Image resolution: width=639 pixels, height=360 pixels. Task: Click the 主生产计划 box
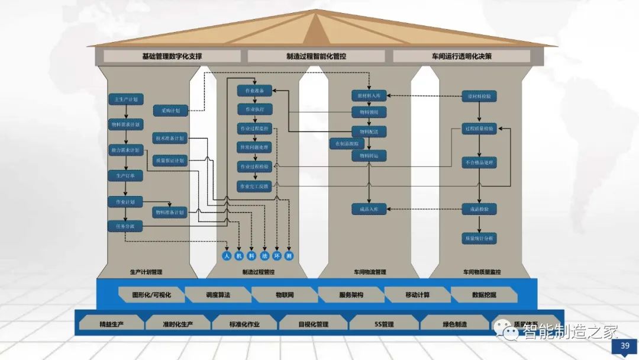pyautogui.click(x=125, y=100)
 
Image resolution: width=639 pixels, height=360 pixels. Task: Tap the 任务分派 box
pyautogui.click(x=125, y=226)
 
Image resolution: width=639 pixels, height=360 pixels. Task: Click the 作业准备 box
pyautogui.click(x=254, y=91)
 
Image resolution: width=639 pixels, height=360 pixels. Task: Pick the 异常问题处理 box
pyautogui.click(x=254, y=147)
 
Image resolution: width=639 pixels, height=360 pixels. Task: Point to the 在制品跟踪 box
pyautogui.click(x=347, y=143)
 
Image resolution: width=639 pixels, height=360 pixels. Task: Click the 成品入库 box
pyautogui.click(x=369, y=208)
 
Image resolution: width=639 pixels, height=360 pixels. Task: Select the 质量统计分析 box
pyautogui.click(x=479, y=238)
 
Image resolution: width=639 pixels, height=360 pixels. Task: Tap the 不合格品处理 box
pyautogui.click(x=479, y=162)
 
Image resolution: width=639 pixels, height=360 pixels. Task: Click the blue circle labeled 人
pyautogui.click(x=226, y=256)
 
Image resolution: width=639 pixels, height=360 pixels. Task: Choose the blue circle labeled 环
pyautogui.click(x=276, y=256)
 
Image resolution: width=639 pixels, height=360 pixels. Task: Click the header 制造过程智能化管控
pyautogui.click(x=316, y=56)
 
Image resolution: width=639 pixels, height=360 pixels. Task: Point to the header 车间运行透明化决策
pyautogui.click(x=461, y=56)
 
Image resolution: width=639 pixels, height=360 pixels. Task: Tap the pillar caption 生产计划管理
pyautogui.click(x=146, y=272)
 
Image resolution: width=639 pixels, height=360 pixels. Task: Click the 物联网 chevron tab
pyautogui.click(x=285, y=294)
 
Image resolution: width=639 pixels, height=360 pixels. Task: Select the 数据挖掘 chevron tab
pyautogui.click(x=484, y=294)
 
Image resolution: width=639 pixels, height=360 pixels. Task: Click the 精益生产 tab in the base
pyautogui.click(x=111, y=324)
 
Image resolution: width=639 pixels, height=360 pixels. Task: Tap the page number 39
pyautogui.click(x=624, y=346)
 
